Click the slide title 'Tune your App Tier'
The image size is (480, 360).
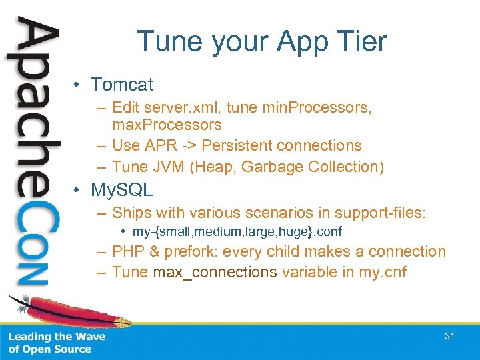261,41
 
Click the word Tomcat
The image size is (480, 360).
122,85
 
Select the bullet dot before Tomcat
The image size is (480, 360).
79,85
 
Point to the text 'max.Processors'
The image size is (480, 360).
167,125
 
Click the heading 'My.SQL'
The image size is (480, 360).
122,190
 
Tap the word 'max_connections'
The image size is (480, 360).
215,272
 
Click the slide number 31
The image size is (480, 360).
449,337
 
